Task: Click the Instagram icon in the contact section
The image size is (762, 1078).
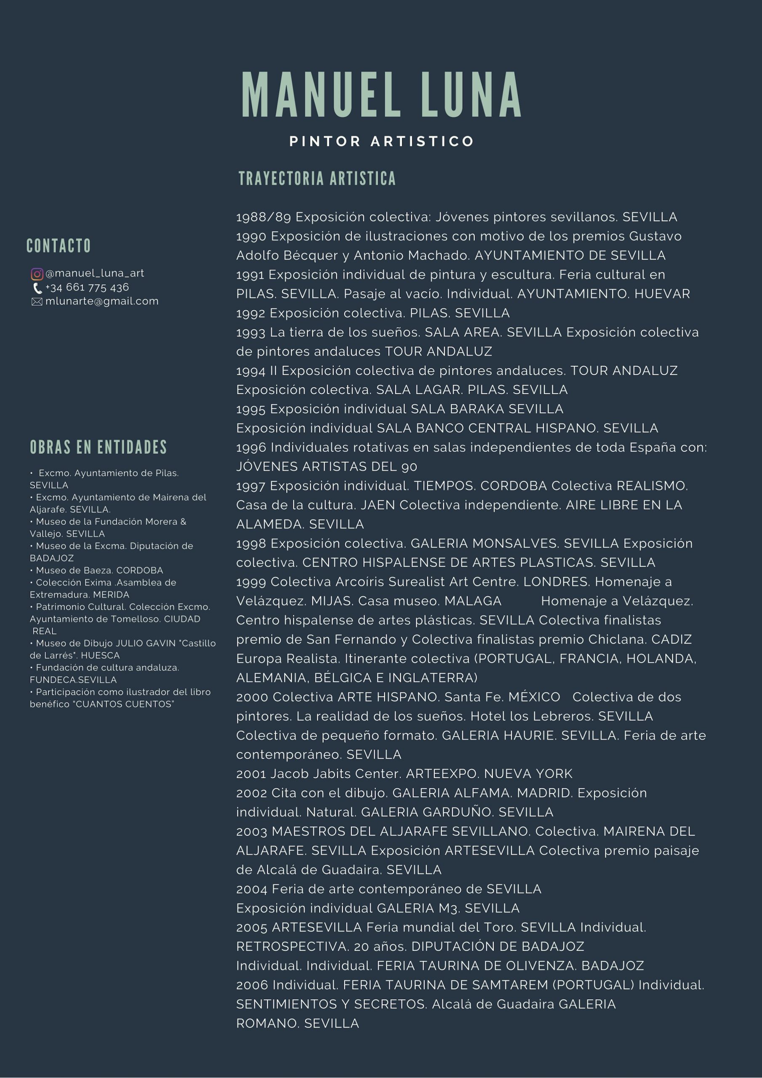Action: [37, 274]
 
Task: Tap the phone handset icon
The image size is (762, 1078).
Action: [37, 288]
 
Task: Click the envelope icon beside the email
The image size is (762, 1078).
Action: [37, 302]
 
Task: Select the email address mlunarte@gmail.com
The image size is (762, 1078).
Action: [102, 301]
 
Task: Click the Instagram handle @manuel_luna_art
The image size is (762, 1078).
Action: [94, 273]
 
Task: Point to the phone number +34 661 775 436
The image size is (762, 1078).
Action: [87, 287]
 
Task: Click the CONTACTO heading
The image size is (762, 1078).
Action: [59, 245]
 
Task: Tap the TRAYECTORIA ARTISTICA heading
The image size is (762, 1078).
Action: [317, 179]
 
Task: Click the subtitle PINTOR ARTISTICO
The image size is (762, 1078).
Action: [382, 141]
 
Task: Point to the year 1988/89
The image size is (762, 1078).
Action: [264, 217]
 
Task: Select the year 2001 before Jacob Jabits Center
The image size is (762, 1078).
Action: [251, 774]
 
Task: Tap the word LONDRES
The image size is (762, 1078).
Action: [556, 582]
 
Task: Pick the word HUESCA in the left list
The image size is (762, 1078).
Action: [101, 656]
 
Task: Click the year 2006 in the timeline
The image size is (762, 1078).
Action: [252, 985]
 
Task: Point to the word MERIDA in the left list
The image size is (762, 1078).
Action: [111, 595]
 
